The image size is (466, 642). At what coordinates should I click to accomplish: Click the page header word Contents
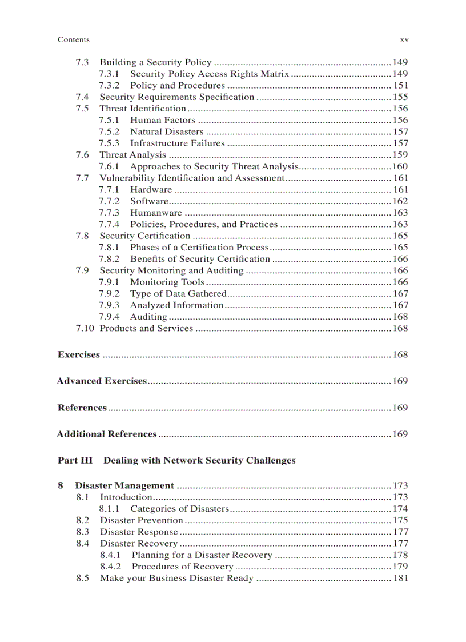point(74,39)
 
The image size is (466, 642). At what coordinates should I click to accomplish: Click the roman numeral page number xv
point(404,39)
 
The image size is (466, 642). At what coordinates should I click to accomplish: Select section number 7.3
point(82,62)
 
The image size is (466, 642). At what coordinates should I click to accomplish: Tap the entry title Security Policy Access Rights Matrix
point(210,74)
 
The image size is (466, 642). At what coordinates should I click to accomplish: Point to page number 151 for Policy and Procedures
point(400,86)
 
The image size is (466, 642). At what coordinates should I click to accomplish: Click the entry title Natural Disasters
point(166,131)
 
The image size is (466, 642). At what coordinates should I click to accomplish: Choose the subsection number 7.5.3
point(109,143)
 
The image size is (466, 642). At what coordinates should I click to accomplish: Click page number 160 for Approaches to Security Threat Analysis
point(400,166)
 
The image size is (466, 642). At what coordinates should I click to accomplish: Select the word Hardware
point(151,189)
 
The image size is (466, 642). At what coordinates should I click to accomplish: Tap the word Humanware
point(156,213)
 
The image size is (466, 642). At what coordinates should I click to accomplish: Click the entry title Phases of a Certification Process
point(199,247)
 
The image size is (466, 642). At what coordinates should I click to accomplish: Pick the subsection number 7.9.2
point(109,293)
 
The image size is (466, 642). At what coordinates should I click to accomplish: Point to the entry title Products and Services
point(146,328)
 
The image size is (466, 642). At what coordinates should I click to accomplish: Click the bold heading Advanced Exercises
point(102,381)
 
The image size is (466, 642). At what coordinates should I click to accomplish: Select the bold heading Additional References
point(107,434)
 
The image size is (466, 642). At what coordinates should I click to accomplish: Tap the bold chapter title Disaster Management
point(124,486)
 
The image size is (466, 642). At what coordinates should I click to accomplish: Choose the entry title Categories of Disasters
point(179,509)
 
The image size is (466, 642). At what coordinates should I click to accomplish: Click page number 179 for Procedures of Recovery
point(400,567)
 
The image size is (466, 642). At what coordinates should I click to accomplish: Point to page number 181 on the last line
point(400,578)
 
